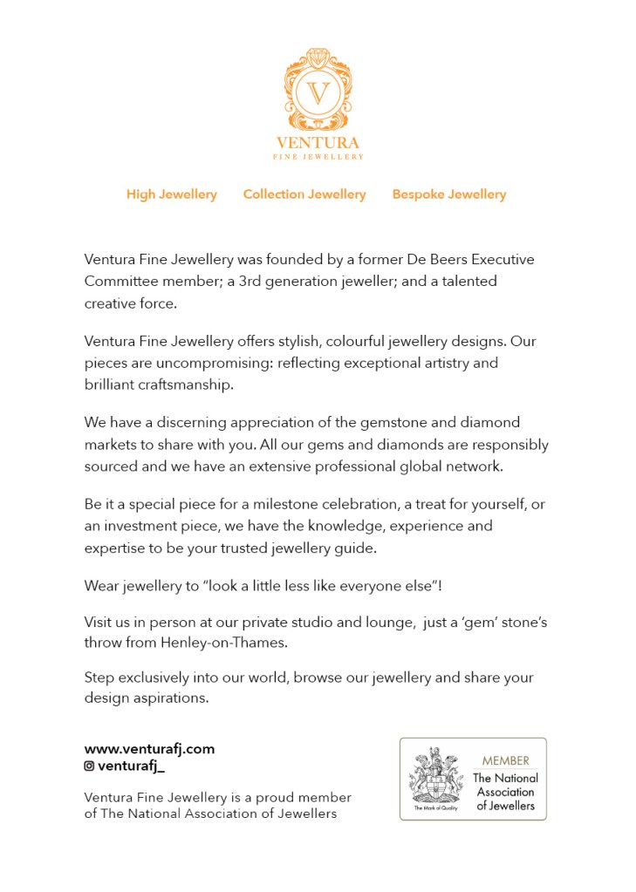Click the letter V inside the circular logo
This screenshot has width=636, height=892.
click(318, 93)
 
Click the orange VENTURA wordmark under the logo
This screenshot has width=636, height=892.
click(318, 143)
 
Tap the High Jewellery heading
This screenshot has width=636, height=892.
click(172, 194)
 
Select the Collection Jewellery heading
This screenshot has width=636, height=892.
click(304, 194)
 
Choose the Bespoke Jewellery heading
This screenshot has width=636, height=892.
click(449, 194)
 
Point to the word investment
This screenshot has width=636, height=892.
click(138, 526)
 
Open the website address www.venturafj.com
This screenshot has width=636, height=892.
click(149, 749)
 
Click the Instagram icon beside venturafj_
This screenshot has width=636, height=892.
click(89, 766)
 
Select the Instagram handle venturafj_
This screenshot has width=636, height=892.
click(131, 766)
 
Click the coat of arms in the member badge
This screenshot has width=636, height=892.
click(436, 775)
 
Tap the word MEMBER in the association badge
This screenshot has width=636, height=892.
click(506, 760)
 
